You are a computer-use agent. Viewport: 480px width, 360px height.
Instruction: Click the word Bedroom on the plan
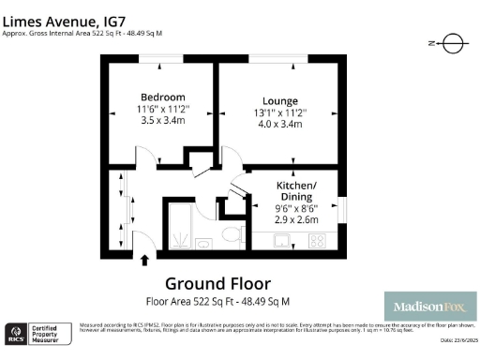tap(162, 97)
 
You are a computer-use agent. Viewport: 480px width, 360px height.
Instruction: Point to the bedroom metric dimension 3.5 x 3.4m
tap(162, 120)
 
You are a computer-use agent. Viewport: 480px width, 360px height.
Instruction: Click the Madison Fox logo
tap(430, 307)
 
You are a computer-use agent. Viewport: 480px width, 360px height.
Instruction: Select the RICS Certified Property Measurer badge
tap(37, 333)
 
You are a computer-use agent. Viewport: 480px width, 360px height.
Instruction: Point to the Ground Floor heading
tap(217, 283)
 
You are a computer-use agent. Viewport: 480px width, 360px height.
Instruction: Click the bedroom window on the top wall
tap(161, 60)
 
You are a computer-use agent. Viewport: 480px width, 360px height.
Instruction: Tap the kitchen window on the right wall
tap(342, 208)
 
